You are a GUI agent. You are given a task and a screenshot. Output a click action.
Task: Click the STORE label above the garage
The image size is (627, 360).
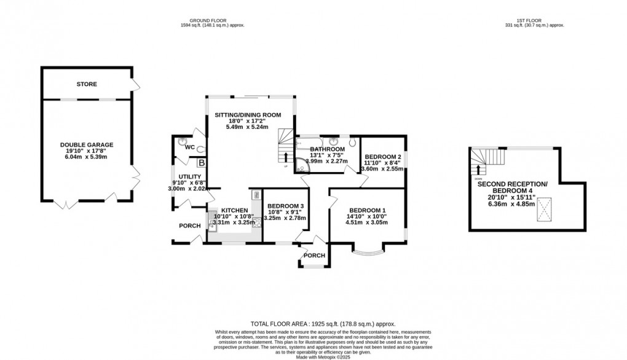click(x=87, y=84)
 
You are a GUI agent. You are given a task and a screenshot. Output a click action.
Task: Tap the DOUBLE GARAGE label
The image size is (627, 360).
click(x=87, y=145)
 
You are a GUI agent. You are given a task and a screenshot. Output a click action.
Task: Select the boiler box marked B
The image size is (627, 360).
click(x=200, y=163)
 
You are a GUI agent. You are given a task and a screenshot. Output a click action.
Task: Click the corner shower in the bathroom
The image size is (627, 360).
click(x=301, y=165)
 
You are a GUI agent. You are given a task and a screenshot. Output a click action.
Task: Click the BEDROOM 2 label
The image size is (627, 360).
click(x=382, y=157)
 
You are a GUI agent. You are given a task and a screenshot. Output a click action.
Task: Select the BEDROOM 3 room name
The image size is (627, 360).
click(x=285, y=206)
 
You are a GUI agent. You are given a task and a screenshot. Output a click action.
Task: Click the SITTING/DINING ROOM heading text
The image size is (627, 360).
click(x=248, y=115)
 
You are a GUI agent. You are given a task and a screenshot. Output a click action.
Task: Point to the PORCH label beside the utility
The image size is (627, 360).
click(x=189, y=226)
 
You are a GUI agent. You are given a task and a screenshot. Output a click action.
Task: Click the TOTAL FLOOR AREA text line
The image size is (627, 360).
click(x=322, y=324)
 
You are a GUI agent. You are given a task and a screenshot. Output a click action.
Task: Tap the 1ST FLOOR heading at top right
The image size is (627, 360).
click(x=533, y=19)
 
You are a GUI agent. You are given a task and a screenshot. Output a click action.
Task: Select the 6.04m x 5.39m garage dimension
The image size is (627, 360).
click(x=87, y=157)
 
